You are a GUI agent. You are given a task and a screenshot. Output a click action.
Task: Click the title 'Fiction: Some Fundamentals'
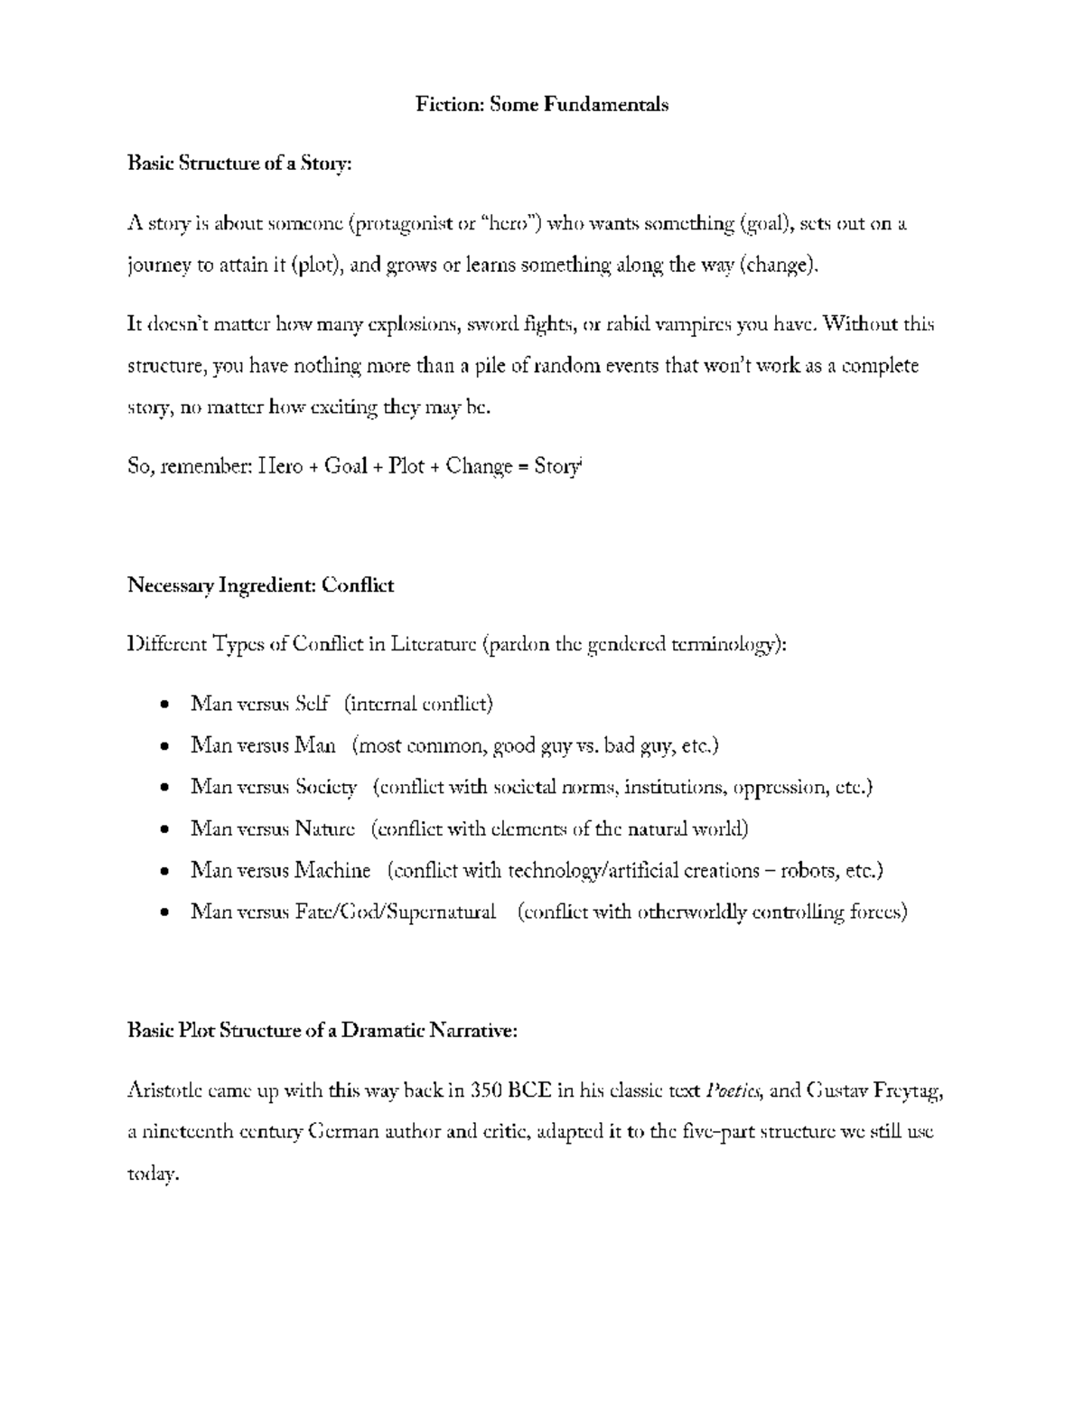(541, 105)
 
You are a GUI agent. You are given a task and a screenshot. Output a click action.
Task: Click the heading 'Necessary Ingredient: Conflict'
(260, 585)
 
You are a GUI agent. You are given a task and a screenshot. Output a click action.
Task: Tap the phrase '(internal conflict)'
(418, 704)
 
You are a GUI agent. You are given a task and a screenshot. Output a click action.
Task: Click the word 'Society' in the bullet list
(326, 787)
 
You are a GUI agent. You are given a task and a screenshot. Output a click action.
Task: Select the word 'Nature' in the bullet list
(325, 828)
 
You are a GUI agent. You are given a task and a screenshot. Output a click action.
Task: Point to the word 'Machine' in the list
(332, 871)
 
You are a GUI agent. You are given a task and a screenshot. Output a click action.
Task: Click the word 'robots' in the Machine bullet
(807, 871)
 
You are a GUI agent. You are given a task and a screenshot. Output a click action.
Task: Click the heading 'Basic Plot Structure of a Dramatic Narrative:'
(322, 1031)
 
